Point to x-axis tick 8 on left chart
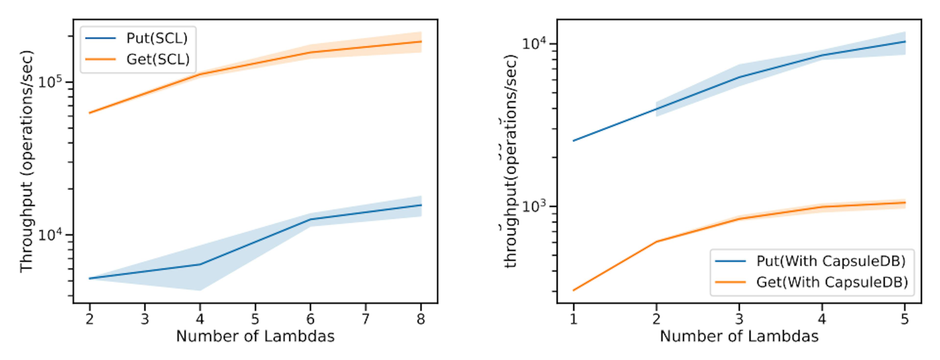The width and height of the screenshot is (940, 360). (x=421, y=319)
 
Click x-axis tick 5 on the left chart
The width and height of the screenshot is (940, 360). (x=255, y=319)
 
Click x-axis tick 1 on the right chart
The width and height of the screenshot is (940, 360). (x=573, y=319)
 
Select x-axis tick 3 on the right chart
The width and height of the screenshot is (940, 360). (x=739, y=319)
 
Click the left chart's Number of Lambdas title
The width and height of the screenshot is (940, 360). (x=255, y=336)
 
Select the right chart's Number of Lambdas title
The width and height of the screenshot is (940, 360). (x=739, y=336)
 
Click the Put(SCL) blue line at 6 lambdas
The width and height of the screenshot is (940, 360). (x=310, y=219)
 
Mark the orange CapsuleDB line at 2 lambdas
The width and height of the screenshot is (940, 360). (x=656, y=241)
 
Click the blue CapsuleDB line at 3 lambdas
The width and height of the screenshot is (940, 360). (x=739, y=77)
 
